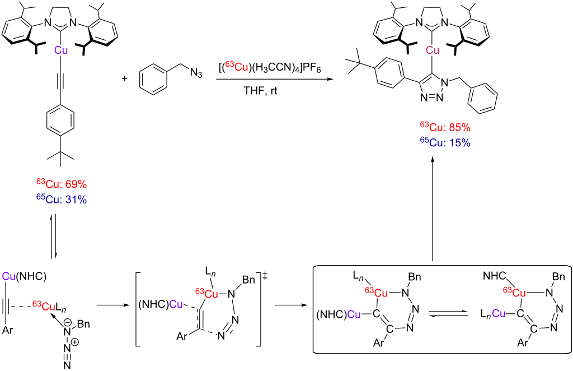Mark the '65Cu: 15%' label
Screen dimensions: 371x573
444,142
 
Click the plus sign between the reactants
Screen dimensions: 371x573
125,78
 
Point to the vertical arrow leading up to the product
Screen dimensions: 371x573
432,207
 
